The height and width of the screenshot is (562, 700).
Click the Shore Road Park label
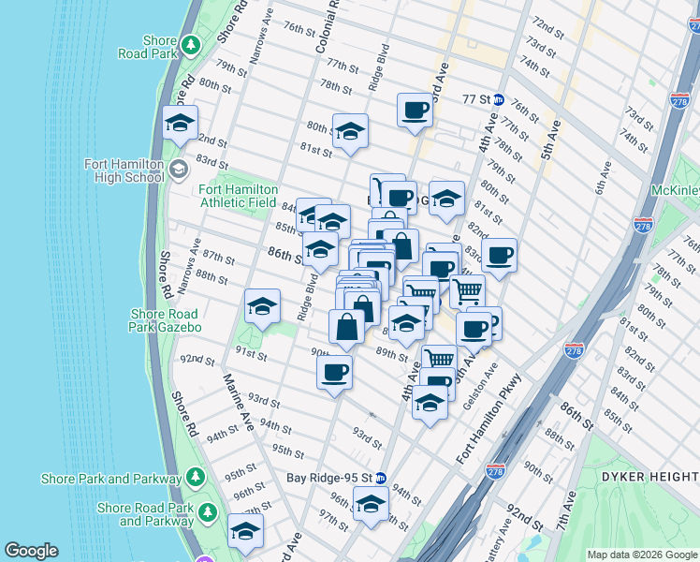point(160,48)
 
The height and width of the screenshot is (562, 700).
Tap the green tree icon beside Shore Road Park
point(190,44)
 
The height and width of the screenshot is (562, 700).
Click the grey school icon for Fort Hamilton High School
point(179,170)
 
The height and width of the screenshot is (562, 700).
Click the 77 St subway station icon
point(499,99)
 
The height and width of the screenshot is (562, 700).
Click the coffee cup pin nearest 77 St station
point(415,111)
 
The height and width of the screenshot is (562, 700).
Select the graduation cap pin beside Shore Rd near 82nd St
point(180,124)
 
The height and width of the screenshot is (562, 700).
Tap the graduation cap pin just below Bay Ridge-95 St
point(371,506)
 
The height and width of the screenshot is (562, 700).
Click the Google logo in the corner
point(31,551)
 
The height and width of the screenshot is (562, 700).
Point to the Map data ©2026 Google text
point(641,555)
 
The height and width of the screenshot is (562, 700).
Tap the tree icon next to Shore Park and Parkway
point(195,479)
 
